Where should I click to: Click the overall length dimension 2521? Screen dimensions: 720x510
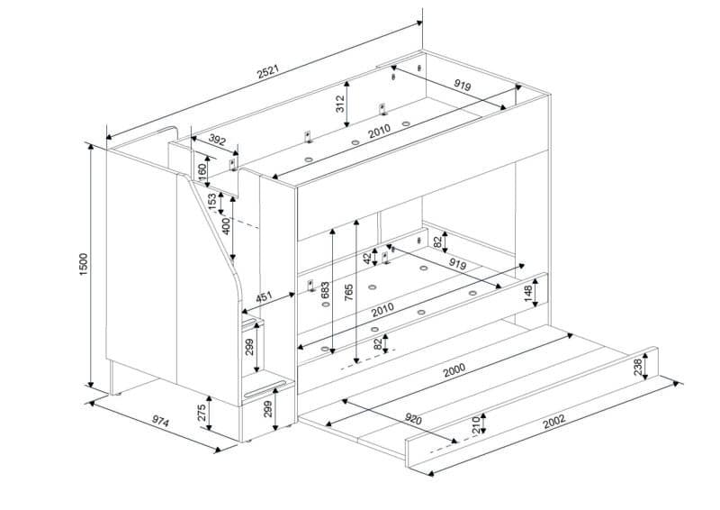pos(268,72)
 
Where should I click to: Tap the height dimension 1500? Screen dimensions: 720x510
pos(83,264)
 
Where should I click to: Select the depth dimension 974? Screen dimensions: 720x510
pos(161,422)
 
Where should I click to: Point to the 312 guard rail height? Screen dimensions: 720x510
pos(340,104)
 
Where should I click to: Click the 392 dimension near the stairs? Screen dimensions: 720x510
pos(217,140)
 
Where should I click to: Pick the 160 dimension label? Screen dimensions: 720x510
pos(202,172)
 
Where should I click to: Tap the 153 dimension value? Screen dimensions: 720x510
pos(212,202)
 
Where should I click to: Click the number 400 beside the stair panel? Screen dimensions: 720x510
pos(226,226)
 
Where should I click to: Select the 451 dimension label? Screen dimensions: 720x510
pos(264,296)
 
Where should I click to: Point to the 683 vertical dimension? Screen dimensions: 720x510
pos(325,291)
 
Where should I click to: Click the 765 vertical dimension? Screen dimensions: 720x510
pos(348,293)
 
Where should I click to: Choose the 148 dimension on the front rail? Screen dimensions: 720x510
pos(527,294)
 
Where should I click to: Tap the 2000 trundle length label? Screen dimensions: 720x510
pos(454,370)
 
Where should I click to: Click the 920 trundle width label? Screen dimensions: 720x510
pos(413,418)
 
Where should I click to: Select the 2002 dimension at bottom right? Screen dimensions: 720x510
pos(553,422)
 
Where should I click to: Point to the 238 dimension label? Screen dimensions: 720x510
pos(638,368)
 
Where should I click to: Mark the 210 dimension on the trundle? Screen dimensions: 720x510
pos(476,425)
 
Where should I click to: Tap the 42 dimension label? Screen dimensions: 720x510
pos(367,259)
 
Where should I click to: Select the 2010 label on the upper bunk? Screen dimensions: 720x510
pos(379,131)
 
